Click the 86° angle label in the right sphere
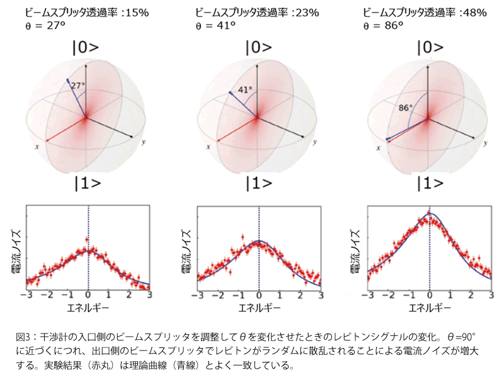(406, 108)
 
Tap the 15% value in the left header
(135, 12)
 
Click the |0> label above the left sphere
(86, 48)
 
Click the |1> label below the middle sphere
(258, 183)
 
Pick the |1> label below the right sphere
(429, 183)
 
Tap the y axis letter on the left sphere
(144, 142)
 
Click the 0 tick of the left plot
(88, 294)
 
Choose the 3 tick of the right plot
(490, 294)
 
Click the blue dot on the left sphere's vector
(68, 81)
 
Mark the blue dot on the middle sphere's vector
(230, 92)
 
